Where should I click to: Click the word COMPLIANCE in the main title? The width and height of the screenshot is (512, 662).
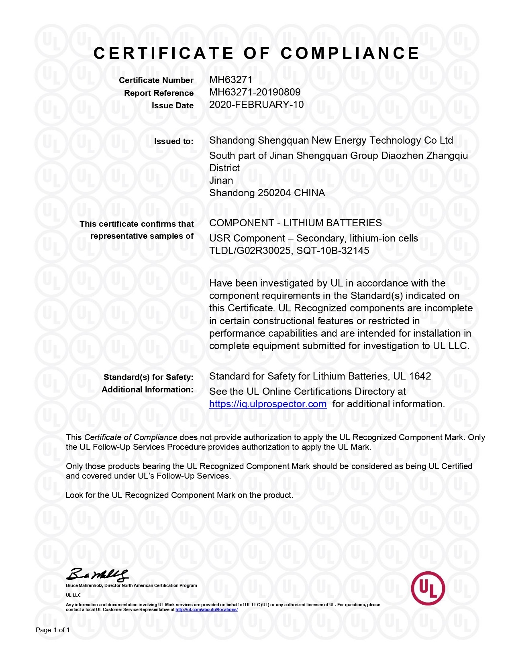click(350, 53)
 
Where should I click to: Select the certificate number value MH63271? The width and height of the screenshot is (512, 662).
click(231, 79)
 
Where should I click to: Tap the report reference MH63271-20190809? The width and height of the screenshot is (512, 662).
click(255, 92)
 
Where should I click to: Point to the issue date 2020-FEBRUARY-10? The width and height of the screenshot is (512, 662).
click(256, 105)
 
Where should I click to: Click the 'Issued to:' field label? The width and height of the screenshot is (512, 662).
click(173, 141)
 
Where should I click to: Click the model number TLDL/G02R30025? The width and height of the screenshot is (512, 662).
click(249, 251)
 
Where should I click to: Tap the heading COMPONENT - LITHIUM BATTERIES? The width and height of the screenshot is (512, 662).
click(296, 223)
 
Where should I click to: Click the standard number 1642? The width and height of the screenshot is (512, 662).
click(420, 376)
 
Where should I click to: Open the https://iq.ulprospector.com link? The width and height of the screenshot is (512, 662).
click(268, 404)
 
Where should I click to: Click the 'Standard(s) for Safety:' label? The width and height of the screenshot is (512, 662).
click(148, 377)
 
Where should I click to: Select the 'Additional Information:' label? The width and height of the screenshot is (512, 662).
click(147, 390)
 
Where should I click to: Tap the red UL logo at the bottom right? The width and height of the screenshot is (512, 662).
click(428, 588)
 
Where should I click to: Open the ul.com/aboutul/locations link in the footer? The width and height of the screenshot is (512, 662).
click(206, 609)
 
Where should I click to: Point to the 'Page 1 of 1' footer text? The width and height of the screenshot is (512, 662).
click(53, 630)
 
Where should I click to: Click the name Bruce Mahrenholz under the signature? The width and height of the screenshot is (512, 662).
click(84, 585)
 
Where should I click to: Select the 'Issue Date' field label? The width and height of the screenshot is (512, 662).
click(172, 106)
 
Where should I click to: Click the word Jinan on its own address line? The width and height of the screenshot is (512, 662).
click(221, 181)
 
